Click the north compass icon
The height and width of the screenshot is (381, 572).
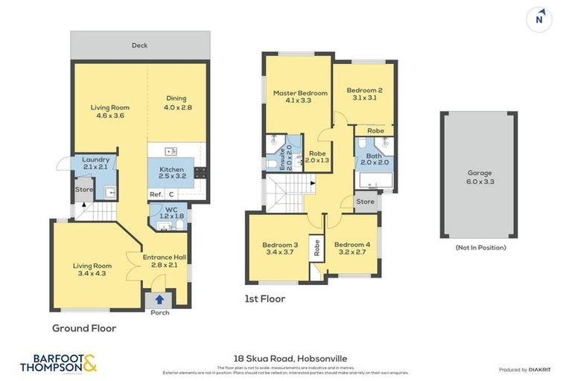539,20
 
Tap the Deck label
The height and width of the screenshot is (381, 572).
139,45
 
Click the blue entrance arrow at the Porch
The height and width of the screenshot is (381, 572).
159,301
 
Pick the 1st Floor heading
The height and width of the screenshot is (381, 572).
264,299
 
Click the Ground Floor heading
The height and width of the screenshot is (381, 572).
83,327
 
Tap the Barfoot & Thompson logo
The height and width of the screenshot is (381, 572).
58,362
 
